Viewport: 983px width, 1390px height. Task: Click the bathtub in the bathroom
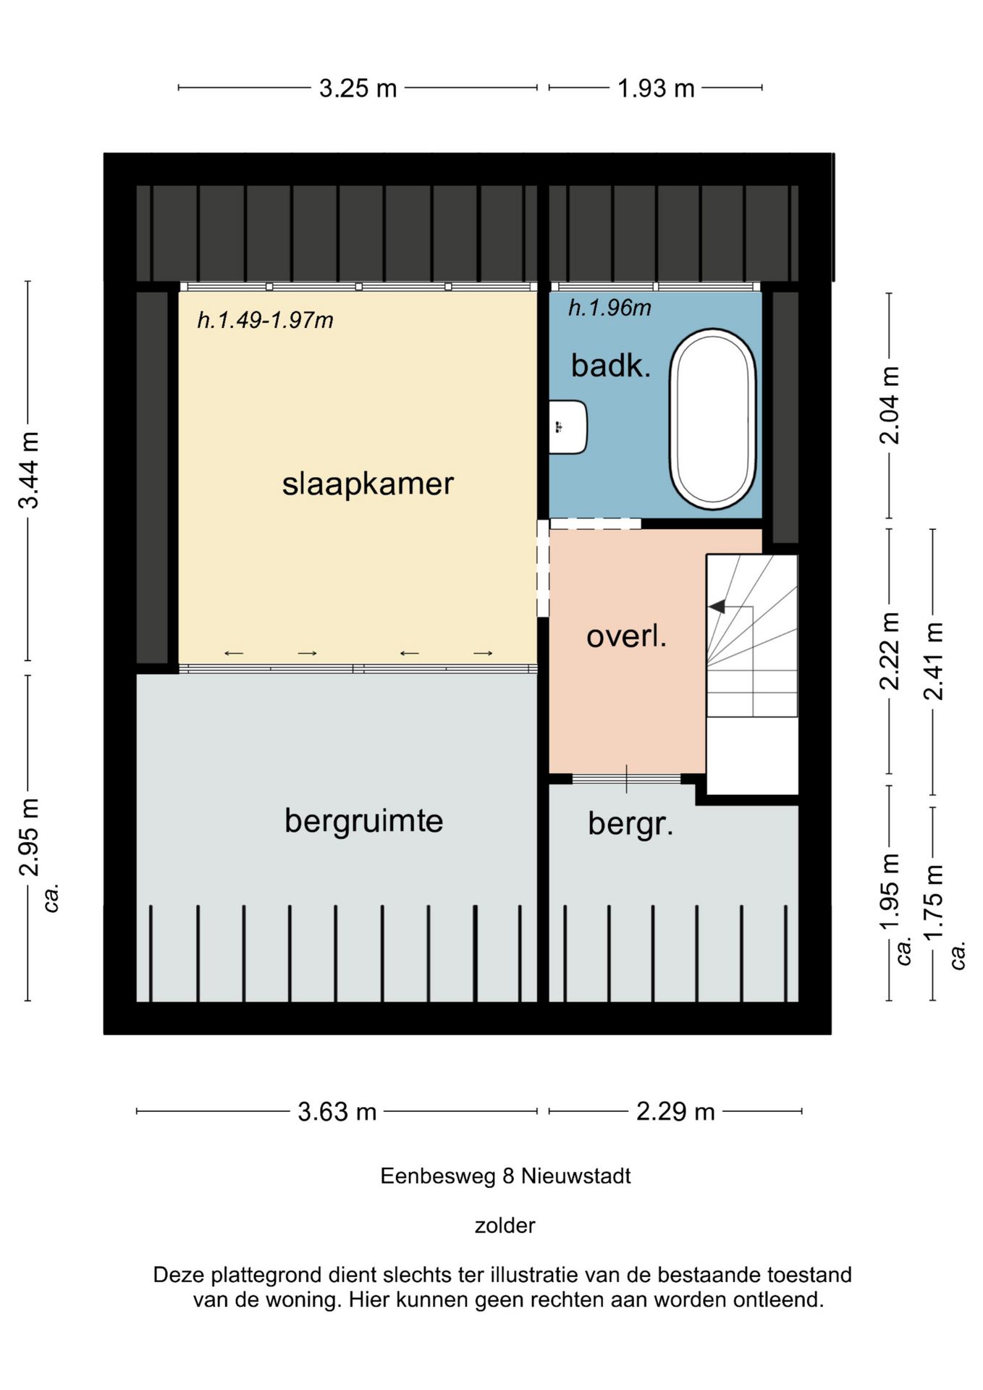click(713, 419)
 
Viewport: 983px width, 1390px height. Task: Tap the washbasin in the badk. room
click(568, 427)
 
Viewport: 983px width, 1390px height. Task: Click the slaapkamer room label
click(368, 484)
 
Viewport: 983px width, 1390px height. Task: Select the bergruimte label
click(363, 822)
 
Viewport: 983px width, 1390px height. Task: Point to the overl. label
click(626, 636)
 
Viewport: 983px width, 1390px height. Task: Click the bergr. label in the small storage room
click(630, 824)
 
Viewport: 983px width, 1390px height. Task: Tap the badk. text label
click(611, 365)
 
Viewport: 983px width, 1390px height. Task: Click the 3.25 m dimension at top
click(358, 88)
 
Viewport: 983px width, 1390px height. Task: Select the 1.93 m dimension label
click(656, 88)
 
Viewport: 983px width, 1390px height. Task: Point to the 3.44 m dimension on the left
click(29, 471)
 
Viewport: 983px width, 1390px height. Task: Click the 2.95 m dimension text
click(29, 838)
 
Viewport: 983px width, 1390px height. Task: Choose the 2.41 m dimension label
click(932, 661)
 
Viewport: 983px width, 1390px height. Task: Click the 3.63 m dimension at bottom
click(337, 1111)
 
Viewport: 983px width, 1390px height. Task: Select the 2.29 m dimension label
click(675, 1111)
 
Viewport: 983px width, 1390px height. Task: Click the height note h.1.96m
click(609, 308)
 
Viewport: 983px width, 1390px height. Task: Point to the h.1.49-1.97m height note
click(265, 319)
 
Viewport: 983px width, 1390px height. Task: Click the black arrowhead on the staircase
click(717, 607)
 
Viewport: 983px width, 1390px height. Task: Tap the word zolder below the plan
click(505, 1226)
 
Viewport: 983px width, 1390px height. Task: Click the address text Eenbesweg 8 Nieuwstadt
click(505, 1176)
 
